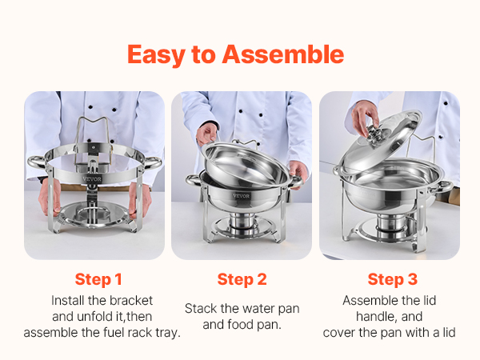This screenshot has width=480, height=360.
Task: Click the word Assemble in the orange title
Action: click(283, 54)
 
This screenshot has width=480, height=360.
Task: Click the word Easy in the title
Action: click(156, 55)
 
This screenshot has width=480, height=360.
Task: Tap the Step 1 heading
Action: click(98, 279)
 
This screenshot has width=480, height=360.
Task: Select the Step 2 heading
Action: click(242, 279)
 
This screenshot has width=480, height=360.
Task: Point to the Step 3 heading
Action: click(393, 279)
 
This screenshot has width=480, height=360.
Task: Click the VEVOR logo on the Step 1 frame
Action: click(92, 179)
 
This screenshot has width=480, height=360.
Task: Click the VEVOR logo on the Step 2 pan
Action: click(242, 196)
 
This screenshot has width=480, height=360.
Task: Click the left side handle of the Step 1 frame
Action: click(37, 162)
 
